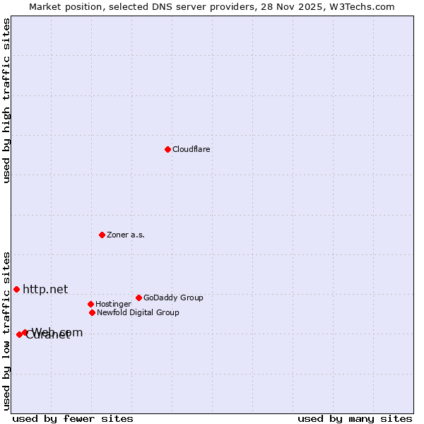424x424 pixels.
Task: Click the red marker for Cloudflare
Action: click(167, 149)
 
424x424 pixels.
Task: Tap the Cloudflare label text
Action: click(192, 150)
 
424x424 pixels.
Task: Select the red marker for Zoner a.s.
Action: click(102, 235)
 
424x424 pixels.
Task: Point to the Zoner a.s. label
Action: click(126, 235)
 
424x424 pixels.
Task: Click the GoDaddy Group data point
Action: click(139, 298)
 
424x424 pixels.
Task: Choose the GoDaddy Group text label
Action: click(173, 298)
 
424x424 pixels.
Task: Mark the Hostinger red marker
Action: click(90, 304)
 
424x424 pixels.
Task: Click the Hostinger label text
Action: click(113, 305)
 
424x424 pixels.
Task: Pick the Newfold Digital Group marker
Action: click(92, 312)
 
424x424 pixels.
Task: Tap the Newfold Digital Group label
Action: click(138, 313)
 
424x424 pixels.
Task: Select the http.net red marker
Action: click(16, 289)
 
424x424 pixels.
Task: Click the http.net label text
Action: click(45, 289)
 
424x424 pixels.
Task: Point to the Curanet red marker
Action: click(19, 334)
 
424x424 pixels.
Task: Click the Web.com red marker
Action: click(25, 332)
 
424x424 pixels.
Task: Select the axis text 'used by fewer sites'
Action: click(73, 418)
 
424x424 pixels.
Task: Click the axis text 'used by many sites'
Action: click(355, 418)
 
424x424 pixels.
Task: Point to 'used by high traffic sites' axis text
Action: click(6, 100)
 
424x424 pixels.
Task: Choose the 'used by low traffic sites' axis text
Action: click(6, 330)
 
